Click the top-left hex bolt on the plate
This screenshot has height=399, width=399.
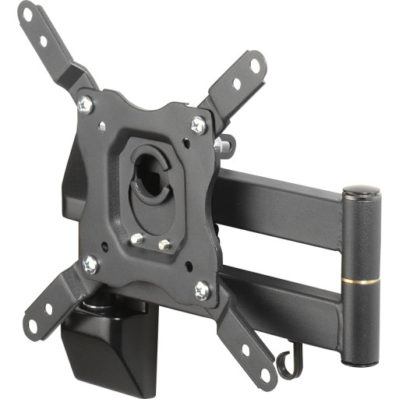pos(86,103)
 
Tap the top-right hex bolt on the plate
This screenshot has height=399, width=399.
pos(199,124)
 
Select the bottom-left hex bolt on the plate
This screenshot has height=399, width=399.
pos(90,264)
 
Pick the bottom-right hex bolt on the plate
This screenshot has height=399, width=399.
pos(202,290)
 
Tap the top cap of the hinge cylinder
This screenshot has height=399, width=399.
pos(361,191)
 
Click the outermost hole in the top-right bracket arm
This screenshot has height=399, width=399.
pos(254,65)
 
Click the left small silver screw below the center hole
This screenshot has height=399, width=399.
pos(136,238)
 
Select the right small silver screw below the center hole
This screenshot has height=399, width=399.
pos(164,245)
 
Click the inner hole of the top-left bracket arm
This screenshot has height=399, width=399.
pos(44,41)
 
